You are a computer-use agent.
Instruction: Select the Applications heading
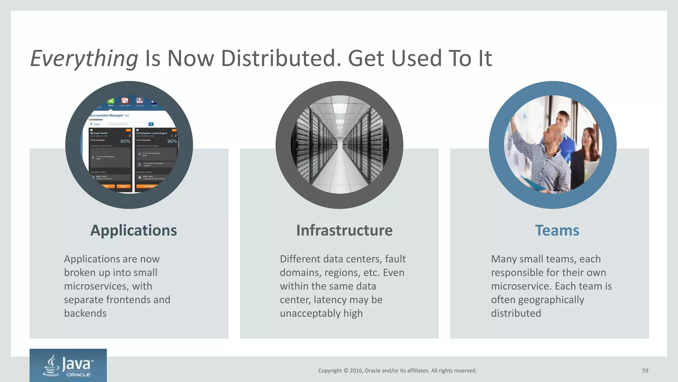click(x=133, y=230)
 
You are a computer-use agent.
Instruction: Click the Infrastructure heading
click(x=344, y=230)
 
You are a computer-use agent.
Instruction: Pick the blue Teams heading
click(x=557, y=230)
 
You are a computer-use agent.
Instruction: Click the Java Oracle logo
click(x=68, y=365)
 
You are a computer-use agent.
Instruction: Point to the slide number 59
click(x=645, y=371)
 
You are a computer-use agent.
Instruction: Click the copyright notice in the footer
click(x=397, y=371)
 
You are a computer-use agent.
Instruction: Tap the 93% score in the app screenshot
click(x=125, y=141)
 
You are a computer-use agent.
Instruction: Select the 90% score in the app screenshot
click(x=172, y=141)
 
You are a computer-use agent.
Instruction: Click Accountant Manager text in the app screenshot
click(x=107, y=115)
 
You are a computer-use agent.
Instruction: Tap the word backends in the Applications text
click(x=85, y=313)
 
